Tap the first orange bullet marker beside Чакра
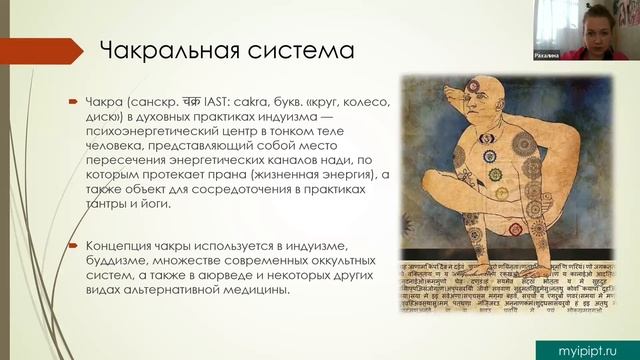pos(73,103)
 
